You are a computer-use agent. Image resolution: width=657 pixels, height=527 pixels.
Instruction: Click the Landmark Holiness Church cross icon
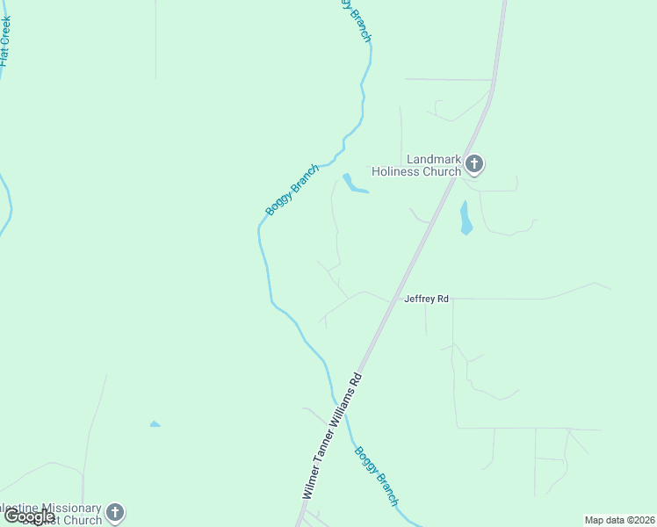[474, 163]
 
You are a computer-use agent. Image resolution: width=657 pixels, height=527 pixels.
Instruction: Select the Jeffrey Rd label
[426, 299]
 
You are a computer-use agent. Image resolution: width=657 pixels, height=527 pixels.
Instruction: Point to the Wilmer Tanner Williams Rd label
[331, 437]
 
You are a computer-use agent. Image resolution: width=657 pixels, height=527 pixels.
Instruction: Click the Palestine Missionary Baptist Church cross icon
[115, 513]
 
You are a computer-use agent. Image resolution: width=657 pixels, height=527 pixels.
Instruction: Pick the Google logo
[29, 516]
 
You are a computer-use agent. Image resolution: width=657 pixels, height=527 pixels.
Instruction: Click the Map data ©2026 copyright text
[620, 520]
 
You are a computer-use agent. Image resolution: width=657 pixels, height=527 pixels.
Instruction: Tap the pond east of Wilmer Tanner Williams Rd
[466, 219]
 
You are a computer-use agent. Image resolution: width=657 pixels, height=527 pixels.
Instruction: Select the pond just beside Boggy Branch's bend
[353, 184]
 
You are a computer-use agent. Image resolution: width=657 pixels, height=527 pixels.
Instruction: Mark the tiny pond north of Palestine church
[155, 424]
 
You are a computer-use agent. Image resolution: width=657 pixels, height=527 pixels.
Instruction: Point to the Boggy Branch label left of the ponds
[292, 190]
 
